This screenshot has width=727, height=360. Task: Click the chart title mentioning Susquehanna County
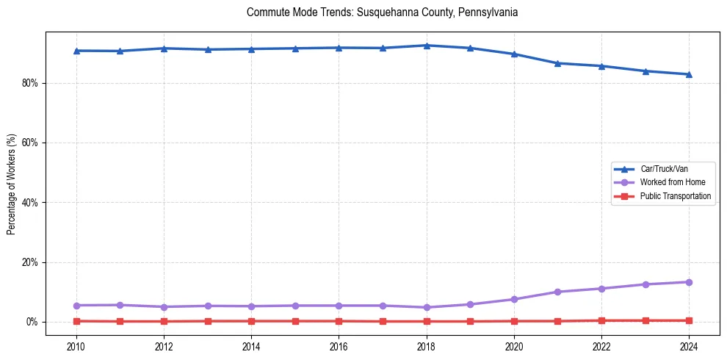click(x=383, y=12)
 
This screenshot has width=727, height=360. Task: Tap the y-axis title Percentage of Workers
click(x=11, y=184)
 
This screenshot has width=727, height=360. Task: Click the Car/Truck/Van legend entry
click(x=664, y=169)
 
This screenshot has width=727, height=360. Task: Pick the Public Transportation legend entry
click(x=675, y=196)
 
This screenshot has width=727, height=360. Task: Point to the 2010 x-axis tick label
click(x=76, y=346)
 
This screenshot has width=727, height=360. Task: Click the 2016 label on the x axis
click(x=339, y=346)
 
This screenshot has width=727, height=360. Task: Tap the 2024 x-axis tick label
click(x=689, y=346)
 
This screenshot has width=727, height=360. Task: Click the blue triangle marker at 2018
click(x=427, y=46)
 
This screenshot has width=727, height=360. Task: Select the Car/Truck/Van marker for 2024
click(x=689, y=74)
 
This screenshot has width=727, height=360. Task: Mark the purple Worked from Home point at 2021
click(x=557, y=292)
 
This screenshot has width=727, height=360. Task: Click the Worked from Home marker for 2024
click(x=689, y=282)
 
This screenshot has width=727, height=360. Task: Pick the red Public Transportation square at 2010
click(x=76, y=321)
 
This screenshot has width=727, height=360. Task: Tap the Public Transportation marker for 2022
click(x=601, y=320)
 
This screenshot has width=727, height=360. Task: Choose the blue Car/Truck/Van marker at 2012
click(x=164, y=48)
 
